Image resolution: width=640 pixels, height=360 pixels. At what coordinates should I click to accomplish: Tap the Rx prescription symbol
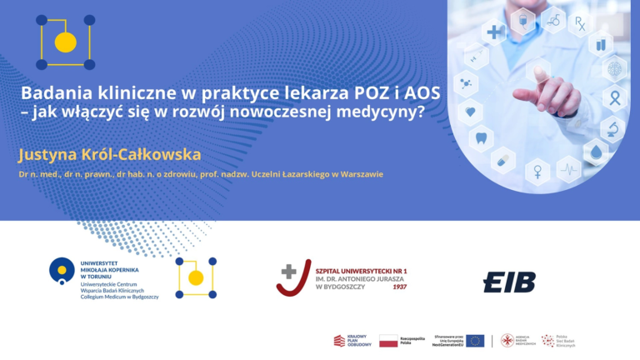[580, 22]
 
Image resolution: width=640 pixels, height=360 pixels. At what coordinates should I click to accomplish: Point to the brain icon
[615, 68]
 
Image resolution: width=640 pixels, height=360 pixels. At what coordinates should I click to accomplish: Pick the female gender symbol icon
[537, 170]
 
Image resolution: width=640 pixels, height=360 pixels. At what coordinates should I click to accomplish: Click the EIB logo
[509, 282]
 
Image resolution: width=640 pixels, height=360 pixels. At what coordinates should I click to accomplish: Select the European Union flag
[475, 340]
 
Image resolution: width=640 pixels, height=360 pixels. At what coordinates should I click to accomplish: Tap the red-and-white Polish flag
[388, 340]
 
